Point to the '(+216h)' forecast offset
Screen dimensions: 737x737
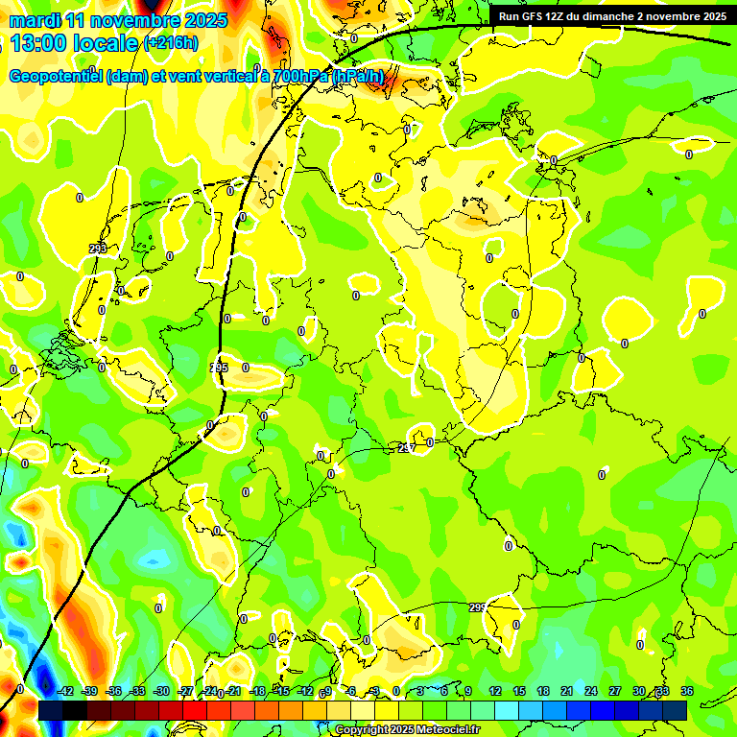click(170, 43)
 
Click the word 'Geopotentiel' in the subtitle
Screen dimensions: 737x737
click(56, 77)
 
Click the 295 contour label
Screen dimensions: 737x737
click(219, 368)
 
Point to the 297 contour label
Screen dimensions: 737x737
click(407, 448)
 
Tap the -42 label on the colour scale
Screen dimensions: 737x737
click(65, 691)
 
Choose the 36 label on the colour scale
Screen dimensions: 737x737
click(687, 691)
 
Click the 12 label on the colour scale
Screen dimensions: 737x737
click(495, 691)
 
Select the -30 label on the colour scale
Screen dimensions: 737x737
click(161, 691)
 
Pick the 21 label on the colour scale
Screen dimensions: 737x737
click(567, 691)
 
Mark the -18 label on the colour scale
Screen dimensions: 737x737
click(257, 691)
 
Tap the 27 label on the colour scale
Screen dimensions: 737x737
click(615, 691)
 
